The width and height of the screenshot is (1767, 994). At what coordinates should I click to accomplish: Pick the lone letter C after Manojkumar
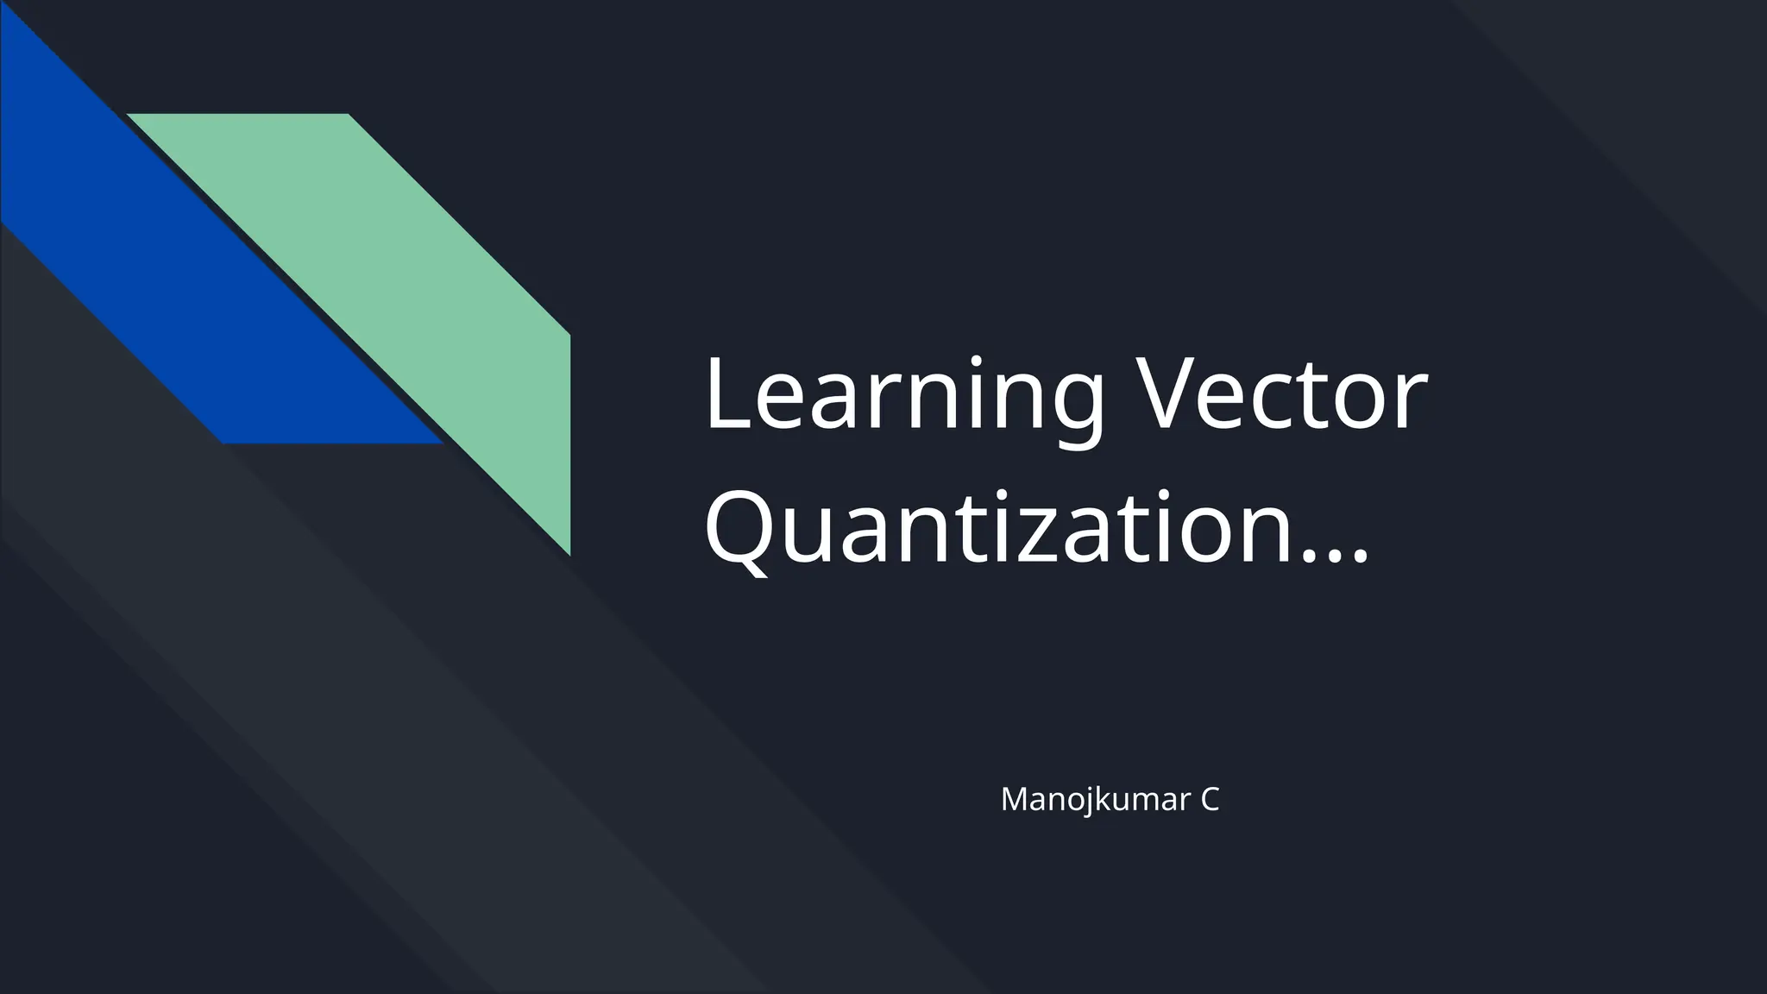tap(1209, 800)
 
